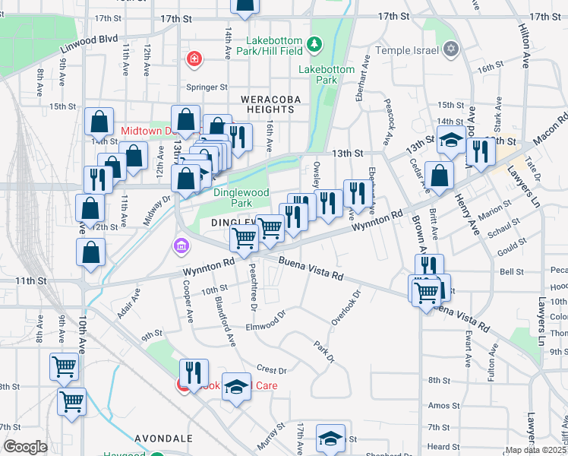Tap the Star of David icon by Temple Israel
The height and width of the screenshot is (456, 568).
pyautogui.click(x=451, y=50)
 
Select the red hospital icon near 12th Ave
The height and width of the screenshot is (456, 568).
pyautogui.click(x=194, y=58)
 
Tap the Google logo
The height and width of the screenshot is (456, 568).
pyautogui.click(x=25, y=447)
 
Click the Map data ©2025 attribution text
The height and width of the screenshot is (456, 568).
pyautogui.click(x=536, y=450)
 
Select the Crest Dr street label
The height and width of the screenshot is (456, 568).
pyautogui.click(x=271, y=370)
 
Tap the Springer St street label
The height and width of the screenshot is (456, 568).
pyautogui.click(x=212, y=87)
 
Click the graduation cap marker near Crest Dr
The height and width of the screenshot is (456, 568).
pyautogui.click(x=236, y=387)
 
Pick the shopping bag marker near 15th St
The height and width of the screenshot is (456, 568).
pyautogui.click(x=99, y=122)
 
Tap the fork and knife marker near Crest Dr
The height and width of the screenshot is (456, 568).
pyautogui.click(x=194, y=372)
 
